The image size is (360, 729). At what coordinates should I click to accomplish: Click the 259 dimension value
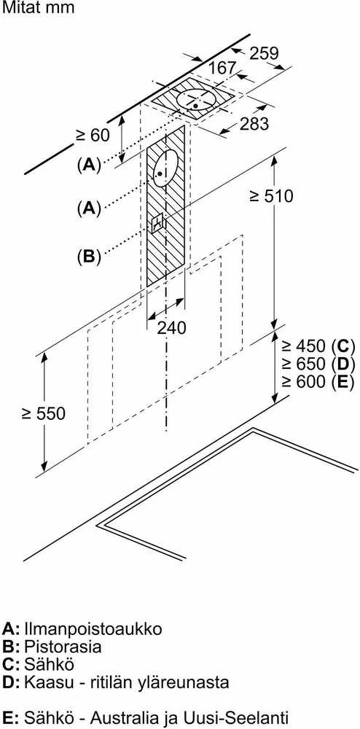click(x=264, y=53)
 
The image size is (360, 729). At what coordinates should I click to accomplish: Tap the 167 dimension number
click(x=222, y=68)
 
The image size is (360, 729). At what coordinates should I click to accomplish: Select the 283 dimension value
click(x=254, y=124)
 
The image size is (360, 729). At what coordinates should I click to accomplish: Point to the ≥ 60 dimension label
click(x=93, y=135)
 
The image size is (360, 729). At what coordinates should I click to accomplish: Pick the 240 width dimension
click(x=171, y=327)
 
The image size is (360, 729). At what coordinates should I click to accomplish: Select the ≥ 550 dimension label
click(x=43, y=413)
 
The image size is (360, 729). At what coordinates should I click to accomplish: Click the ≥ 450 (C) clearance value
click(x=318, y=346)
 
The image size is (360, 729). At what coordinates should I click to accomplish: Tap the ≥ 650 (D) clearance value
click(x=318, y=364)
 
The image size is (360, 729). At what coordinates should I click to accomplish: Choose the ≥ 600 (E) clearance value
click(x=318, y=381)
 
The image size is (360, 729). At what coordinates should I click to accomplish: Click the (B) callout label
click(x=89, y=256)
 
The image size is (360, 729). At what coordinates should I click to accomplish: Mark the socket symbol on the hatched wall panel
click(x=157, y=222)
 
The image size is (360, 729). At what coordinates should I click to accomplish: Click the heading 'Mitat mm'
click(x=38, y=8)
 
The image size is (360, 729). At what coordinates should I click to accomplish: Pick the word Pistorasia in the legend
click(x=63, y=646)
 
